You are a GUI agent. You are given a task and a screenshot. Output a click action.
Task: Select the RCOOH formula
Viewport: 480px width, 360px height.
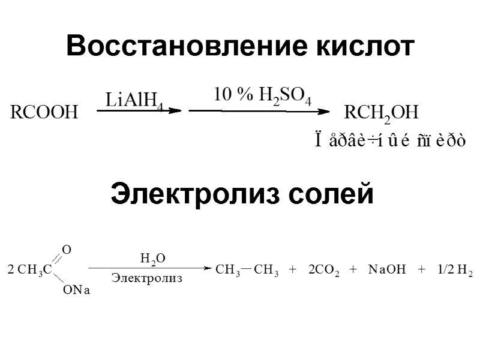coord(44,113)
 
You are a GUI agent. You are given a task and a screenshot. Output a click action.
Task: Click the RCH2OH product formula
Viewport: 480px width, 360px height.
coord(381,113)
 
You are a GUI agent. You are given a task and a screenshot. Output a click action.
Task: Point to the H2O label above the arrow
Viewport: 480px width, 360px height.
coord(152,259)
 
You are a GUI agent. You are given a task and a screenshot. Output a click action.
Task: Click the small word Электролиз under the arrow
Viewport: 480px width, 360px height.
coord(147,278)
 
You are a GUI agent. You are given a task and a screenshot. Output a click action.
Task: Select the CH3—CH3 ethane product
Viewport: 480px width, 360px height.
coord(247,270)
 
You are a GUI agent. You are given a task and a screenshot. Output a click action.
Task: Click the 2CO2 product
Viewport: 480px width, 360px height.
coord(324,270)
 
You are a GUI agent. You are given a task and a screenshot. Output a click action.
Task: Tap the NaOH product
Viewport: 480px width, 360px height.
coord(388,270)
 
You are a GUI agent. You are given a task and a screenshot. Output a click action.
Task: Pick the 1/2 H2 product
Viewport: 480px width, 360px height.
coord(455,270)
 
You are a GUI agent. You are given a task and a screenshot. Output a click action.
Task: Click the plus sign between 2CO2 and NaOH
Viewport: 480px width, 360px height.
coord(353,270)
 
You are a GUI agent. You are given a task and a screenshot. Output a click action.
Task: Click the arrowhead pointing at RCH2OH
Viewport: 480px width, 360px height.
coord(325,110)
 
